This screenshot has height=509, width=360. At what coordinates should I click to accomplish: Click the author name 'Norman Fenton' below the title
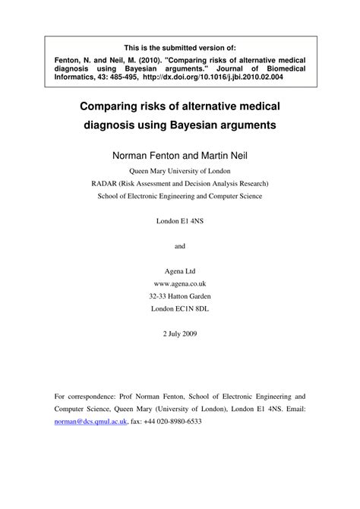coord(147,153)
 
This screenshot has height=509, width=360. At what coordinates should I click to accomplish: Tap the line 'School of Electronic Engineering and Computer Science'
coord(180,196)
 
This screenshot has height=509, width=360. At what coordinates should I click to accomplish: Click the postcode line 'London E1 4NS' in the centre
coord(180,221)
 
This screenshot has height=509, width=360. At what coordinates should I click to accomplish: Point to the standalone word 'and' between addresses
coord(180,246)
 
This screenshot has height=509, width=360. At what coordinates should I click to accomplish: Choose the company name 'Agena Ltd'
coord(180,271)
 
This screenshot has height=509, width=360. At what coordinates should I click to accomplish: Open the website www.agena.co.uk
coord(180,283)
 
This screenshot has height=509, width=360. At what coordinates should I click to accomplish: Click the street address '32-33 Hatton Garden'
coord(180,296)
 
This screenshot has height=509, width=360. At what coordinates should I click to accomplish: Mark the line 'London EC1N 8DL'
coord(180,308)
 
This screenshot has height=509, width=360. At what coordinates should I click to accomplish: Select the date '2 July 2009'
coord(180,334)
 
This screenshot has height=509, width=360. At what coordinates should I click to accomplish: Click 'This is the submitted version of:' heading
coord(180,46)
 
